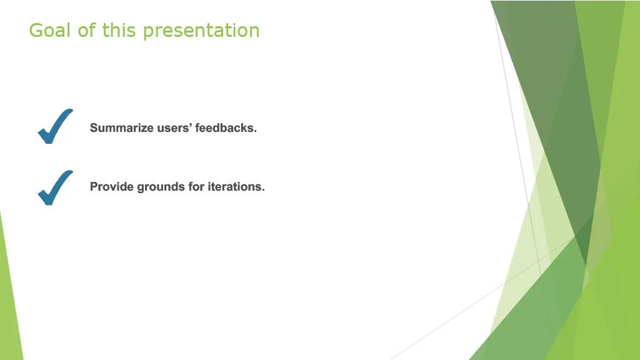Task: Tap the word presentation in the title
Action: point(201,31)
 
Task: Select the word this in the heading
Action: point(118,30)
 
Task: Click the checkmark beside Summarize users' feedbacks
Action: point(55,127)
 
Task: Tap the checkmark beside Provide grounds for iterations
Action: point(55,188)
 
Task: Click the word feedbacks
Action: point(226,127)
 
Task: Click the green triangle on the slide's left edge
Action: point(9,298)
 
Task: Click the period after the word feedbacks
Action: point(255,131)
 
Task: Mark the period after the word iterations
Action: point(263,190)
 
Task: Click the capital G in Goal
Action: point(36,30)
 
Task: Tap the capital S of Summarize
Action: point(94,127)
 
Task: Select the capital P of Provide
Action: point(94,186)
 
